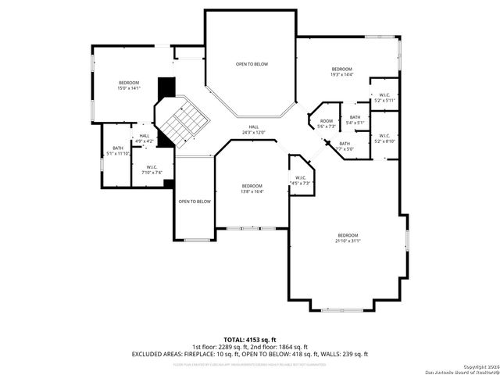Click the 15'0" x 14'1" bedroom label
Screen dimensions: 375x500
coord(128,86)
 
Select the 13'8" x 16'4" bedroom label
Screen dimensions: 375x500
coord(251,188)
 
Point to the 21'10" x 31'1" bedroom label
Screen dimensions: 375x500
coord(348,238)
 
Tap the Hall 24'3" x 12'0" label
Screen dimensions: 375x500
coord(253,130)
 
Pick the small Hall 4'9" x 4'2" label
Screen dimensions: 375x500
coord(145,138)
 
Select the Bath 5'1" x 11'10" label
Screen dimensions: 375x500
coord(117,151)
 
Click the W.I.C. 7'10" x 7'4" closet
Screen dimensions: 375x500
coord(152,170)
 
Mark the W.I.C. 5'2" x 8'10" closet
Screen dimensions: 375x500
coord(384,138)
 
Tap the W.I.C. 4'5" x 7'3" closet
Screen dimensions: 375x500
coord(300,180)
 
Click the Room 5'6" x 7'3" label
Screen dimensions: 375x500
coord(326,123)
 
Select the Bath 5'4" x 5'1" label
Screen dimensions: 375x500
coord(355,120)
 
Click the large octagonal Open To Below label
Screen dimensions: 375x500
coord(252,64)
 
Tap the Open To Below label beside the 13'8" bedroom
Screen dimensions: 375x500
coord(195,202)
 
